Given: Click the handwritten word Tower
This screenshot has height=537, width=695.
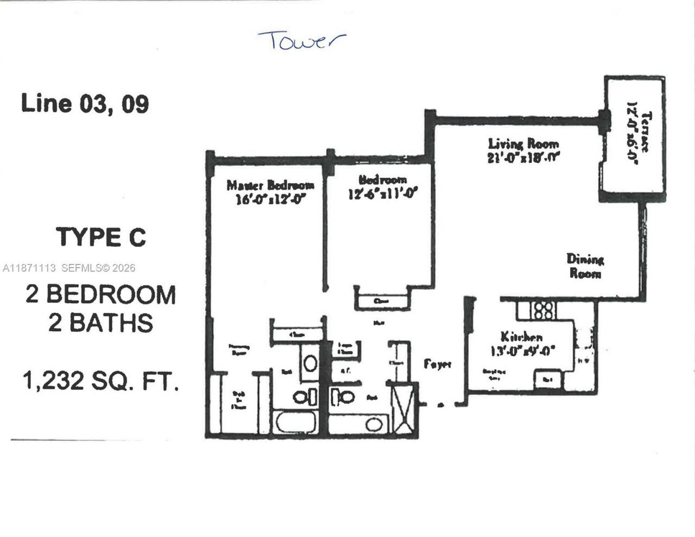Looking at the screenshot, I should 301,41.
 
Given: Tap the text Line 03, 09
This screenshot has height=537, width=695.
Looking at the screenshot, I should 85,103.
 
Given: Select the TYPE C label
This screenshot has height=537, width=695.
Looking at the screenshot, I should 101,237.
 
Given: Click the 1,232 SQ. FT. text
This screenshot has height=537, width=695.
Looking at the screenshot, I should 100,381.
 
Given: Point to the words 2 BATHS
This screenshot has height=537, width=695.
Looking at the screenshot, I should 100,323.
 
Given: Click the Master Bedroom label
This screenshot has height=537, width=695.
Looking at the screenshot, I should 270,185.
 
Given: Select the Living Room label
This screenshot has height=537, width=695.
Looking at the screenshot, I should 523,144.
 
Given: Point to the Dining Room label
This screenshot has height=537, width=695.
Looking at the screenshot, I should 585,266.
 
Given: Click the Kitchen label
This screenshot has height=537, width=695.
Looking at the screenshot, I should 521,337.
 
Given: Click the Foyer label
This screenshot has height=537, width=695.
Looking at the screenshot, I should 438,364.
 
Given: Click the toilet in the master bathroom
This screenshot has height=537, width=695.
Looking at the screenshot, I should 302,397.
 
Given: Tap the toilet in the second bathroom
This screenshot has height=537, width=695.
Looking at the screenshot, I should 344,397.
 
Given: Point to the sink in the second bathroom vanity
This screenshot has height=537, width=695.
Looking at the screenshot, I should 373,425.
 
